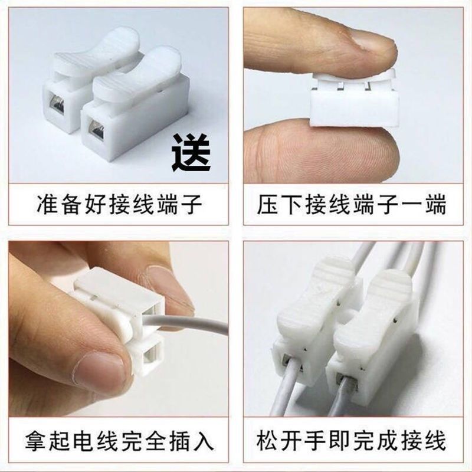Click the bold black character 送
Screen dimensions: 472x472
tap(191, 152)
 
